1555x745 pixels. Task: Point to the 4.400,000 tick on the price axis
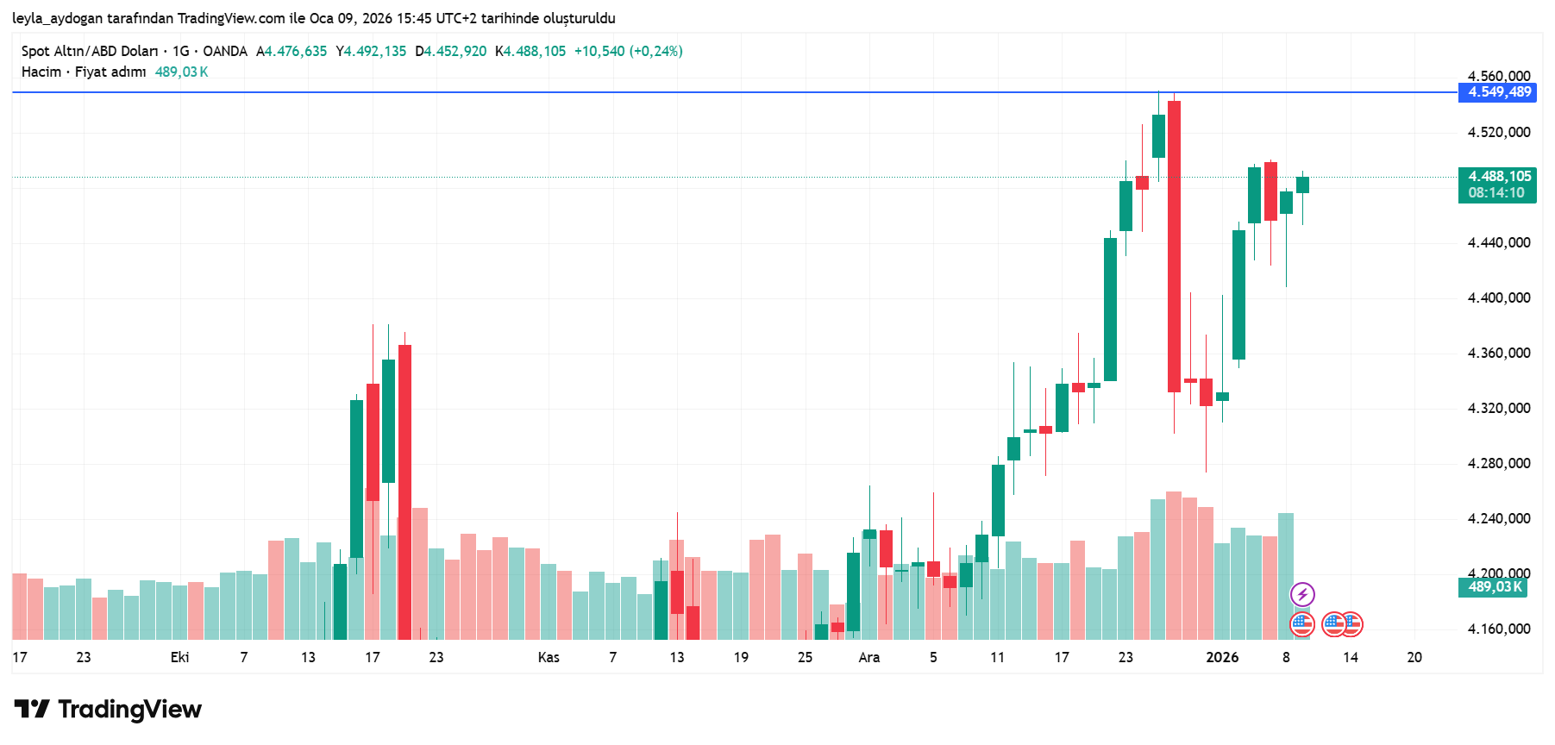pos(1499,298)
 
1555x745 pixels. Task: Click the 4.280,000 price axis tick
pos(1499,464)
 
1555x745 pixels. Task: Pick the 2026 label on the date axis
pos(1222,658)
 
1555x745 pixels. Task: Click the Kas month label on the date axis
pos(549,658)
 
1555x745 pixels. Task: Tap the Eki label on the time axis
pos(179,658)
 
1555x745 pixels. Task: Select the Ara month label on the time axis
pos(868,658)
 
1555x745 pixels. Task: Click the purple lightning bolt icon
pos(1302,594)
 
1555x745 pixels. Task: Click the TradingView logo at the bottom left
pos(108,710)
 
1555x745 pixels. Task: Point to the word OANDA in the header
pos(225,52)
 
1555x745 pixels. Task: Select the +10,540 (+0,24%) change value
pos(628,52)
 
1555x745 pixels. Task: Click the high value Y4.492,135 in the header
pos(371,52)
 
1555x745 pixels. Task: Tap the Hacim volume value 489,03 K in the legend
pos(181,72)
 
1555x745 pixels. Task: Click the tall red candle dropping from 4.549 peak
pos(1174,246)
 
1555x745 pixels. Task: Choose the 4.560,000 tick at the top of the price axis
pos(1499,76)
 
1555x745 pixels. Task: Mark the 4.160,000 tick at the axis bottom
pos(1499,629)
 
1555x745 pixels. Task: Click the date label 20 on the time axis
pos(1414,658)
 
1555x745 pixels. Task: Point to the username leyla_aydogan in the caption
pos(57,18)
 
